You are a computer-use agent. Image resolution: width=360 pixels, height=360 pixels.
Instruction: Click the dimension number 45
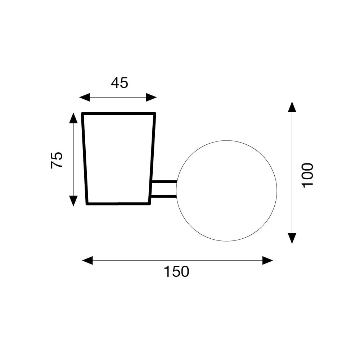(120, 83)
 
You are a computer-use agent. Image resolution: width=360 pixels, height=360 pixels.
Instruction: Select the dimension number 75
(57, 160)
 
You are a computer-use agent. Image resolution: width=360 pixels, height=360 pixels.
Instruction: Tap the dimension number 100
(308, 175)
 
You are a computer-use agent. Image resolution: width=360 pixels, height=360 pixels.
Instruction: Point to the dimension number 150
(176, 271)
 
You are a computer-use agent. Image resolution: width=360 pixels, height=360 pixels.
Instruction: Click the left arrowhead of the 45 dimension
(85, 97)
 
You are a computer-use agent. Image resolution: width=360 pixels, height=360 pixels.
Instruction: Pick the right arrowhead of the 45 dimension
(151, 97)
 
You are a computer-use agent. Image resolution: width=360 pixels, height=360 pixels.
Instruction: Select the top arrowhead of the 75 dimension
(73, 118)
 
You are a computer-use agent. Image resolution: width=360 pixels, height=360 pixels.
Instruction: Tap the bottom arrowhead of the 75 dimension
(73, 201)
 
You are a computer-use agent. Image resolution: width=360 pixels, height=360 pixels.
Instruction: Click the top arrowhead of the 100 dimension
(292, 107)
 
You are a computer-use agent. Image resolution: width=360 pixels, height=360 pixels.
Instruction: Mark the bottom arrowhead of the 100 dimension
(292, 238)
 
